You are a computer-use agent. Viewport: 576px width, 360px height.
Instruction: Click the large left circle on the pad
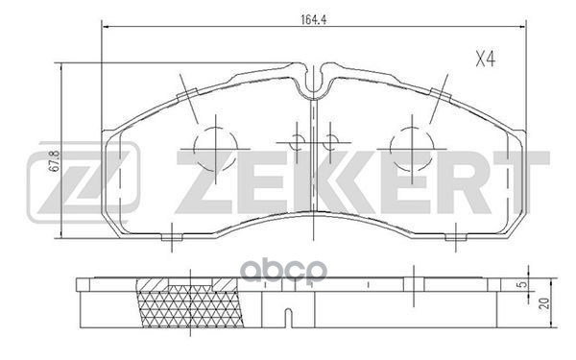[x=215, y=146]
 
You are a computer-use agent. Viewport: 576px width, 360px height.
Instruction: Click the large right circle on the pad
[x=412, y=146]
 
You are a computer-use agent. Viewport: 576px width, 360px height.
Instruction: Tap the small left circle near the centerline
[x=298, y=143]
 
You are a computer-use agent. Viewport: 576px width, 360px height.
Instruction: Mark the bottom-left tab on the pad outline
[x=171, y=234]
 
